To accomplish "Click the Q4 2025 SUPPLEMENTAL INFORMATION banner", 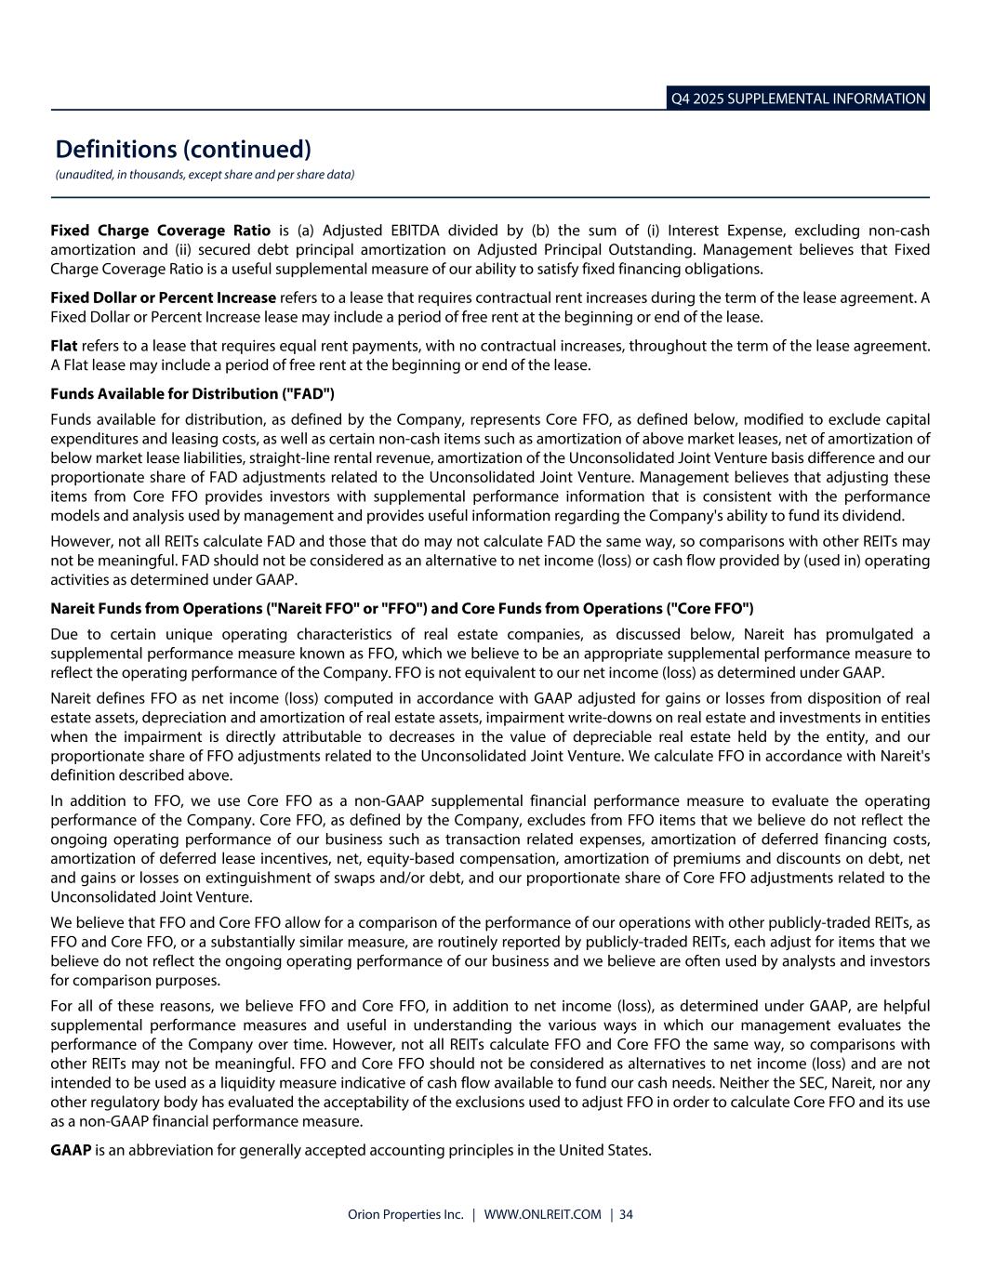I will [x=799, y=99].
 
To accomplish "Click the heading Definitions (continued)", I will [x=183, y=149].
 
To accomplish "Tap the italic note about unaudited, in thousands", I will [x=205, y=175].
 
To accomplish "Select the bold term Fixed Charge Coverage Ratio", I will [x=161, y=231].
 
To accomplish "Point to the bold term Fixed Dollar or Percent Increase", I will [x=164, y=297].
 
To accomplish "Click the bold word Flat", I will [x=63, y=346].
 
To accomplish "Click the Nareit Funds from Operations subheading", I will [x=402, y=609].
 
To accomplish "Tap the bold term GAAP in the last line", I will [x=71, y=1151].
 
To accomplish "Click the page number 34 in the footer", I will [x=627, y=1214].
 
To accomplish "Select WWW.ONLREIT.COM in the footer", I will [x=543, y=1214].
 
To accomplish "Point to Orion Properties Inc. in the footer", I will [x=405, y=1214].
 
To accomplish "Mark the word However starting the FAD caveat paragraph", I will [x=80, y=541].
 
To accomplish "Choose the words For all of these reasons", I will [x=129, y=1006].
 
